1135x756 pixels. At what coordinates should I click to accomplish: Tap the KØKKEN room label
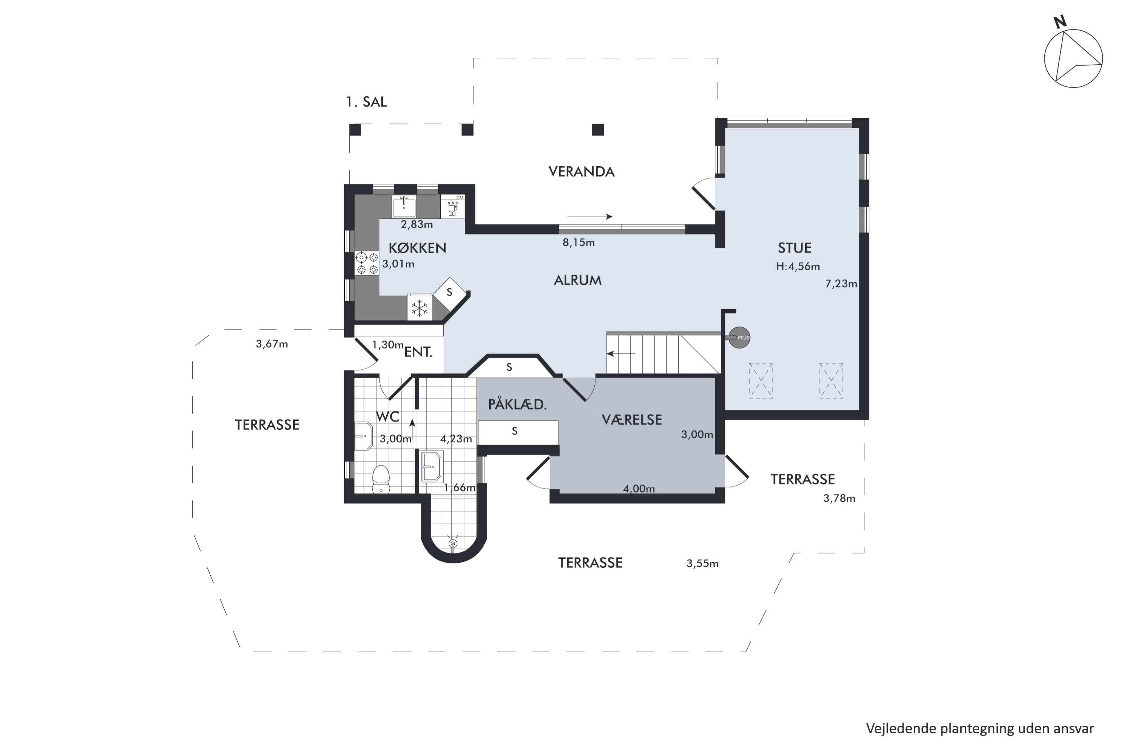point(417,248)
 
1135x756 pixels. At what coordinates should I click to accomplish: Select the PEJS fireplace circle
point(739,338)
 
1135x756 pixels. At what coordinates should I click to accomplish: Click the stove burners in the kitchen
point(367,263)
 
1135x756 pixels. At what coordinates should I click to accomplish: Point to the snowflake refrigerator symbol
point(419,307)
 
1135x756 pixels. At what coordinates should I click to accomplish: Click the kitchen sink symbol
point(404,206)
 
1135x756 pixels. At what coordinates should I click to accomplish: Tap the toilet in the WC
point(381,479)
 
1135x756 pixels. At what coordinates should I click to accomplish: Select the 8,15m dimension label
point(578,243)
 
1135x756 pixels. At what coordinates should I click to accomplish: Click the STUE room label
point(794,248)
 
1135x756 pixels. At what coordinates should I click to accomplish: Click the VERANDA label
point(581,172)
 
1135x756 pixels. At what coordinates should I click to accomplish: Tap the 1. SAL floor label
point(366,102)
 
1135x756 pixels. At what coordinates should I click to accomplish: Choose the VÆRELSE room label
point(632,420)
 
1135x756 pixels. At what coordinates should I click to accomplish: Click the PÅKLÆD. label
point(517,404)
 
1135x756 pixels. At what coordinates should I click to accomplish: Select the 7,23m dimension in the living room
point(841,283)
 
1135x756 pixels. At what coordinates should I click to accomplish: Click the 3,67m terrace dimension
point(272,344)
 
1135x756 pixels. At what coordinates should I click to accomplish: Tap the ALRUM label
point(578,280)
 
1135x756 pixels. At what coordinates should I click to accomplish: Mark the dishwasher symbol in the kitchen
point(452,206)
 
